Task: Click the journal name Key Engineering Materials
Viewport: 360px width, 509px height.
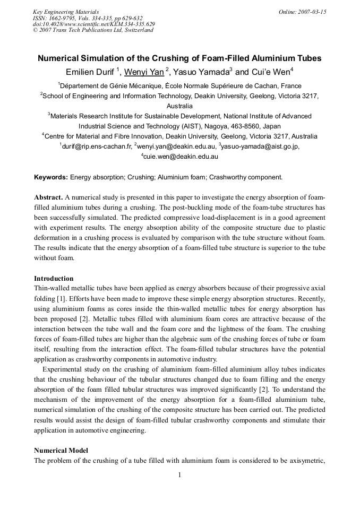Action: pyautogui.click(x=66, y=12)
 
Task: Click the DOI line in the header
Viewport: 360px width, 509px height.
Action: pyautogui.click(x=94, y=24)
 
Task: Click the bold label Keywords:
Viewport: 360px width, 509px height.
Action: pyautogui.click(x=51, y=177)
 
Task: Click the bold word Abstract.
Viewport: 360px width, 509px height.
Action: pyautogui.click(x=48, y=197)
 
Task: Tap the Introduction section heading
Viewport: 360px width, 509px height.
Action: pyautogui.click(x=54, y=278)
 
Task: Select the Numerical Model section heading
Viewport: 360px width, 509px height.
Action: pyautogui.click(x=61, y=450)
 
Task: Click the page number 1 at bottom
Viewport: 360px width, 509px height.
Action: pyautogui.click(x=179, y=475)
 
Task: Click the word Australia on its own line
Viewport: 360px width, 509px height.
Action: pyautogui.click(x=179, y=106)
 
